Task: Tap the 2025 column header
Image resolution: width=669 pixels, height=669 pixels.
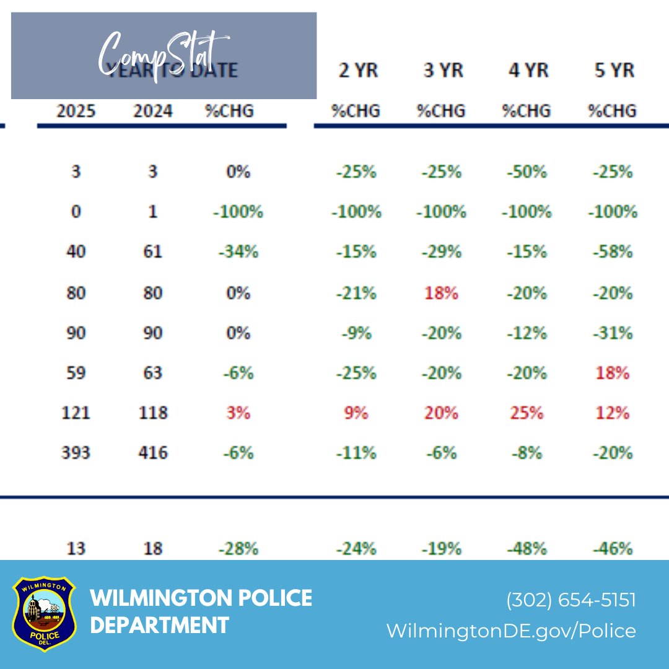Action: (76, 111)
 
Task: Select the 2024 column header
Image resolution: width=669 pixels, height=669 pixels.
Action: (152, 111)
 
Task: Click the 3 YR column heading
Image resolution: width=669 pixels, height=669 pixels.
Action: (441, 70)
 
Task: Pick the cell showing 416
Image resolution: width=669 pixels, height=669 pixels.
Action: (152, 453)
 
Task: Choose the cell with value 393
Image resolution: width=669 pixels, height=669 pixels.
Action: (76, 453)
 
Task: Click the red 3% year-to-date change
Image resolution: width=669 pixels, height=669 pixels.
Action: (238, 413)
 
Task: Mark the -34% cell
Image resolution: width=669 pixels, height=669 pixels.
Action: (238, 252)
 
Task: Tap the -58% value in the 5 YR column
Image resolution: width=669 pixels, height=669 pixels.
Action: (612, 252)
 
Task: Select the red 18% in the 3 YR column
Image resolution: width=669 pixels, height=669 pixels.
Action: (441, 292)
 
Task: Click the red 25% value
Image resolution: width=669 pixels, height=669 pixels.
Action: (527, 413)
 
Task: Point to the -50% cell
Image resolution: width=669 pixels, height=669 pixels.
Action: (527, 172)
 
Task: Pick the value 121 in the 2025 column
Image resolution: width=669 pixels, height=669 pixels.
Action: (76, 413)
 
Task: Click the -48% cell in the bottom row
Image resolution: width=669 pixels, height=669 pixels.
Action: (527, 549)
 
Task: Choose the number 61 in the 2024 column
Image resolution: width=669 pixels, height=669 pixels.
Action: (152, 252)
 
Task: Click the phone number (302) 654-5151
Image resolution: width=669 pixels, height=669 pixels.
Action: (571, 600)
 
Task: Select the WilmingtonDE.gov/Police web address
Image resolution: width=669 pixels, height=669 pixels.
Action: (511, 631)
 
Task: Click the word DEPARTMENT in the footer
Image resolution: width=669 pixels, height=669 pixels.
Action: (159, 624)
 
